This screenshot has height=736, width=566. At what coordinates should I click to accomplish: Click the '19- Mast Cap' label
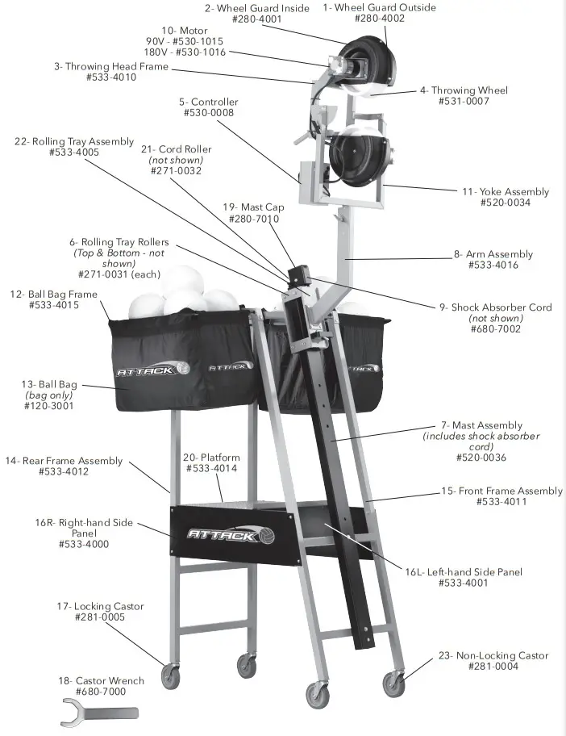(x=253, y=207)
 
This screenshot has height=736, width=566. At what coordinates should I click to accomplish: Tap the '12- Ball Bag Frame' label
(x=55, y=295)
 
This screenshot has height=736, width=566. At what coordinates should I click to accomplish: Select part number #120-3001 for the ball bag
(x=50, y=407)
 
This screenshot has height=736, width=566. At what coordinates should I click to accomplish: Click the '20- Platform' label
(x=211, y=458)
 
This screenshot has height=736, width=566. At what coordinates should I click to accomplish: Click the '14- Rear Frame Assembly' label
(x=65, y=461)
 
